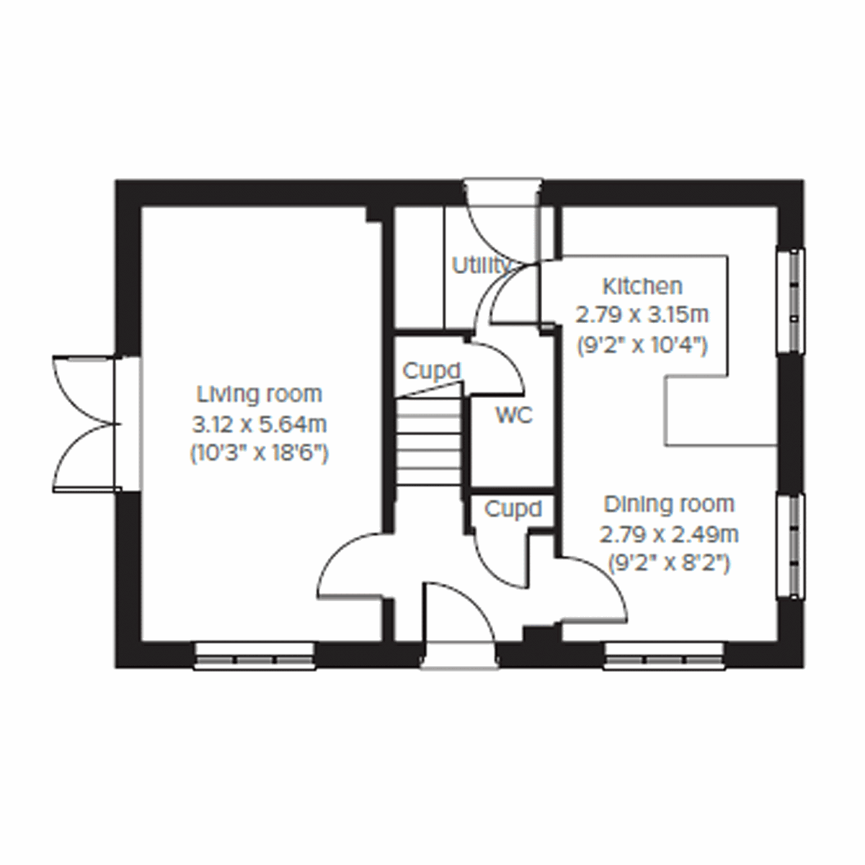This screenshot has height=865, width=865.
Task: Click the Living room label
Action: click(x=259, y=394)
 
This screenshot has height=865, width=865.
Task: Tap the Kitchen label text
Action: click(x=642, y=286)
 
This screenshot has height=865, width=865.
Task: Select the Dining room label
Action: click(x=669, y=504)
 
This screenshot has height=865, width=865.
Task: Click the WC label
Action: click(x=514, y=415)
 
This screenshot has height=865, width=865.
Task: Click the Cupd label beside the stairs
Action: click(x=431, y=371)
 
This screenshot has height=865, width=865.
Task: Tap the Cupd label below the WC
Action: click(x=513, y=510)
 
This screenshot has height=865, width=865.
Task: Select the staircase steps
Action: click(x=428, y=440)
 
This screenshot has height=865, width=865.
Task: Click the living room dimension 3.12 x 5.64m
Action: click(x=259, y=425)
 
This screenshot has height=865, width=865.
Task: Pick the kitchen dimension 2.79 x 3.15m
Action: click(x=642, y=315)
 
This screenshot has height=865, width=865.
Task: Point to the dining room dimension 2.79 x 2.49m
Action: click(x=669, y=534)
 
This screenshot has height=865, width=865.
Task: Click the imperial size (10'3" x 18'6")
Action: click(x=259, y=454)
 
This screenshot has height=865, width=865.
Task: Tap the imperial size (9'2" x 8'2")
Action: click(x=669, y=563)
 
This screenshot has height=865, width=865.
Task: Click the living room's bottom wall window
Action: click(x=255, y=657)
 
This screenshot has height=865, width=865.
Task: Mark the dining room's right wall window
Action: click(x=794, y=546)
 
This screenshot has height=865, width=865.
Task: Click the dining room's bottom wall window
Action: click(x=664, y=657)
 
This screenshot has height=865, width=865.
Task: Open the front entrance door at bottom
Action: click(x=459, y=620)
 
